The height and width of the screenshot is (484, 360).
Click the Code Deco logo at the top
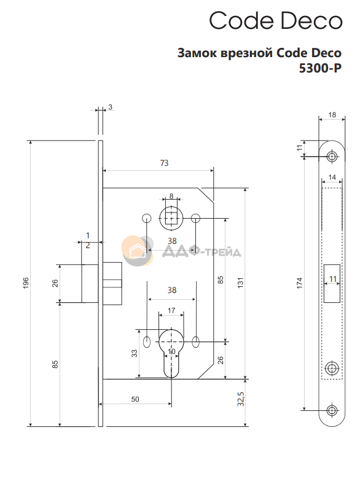click(x=276, y=21)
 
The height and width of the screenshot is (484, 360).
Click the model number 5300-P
click(x=320, y=68)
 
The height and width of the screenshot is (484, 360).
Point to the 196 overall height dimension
click(x=26, y=283)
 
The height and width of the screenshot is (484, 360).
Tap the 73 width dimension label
click(x=164, y=163)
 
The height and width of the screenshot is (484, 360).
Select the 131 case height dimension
click(x=241, y=283)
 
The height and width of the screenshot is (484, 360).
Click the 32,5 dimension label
click(x=241, y=399)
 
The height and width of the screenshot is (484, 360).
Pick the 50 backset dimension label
click(x=135, y=399)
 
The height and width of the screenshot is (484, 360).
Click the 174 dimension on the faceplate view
click(x=299, y=283)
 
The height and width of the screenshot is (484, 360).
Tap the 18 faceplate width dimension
click(x=332, y=115)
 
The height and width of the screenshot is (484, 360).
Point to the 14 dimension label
click(x=332, y=177)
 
